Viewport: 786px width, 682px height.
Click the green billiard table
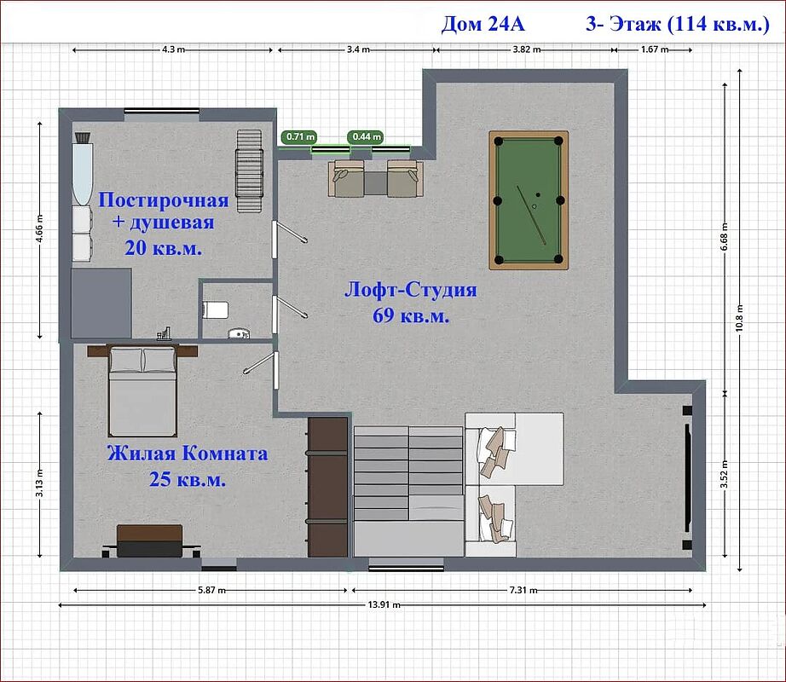(x=529, y=200)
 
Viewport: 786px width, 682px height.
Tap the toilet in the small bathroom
(x=216, y=309)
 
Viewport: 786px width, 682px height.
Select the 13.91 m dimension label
(x=384, y=604)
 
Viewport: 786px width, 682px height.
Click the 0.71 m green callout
(x=298, y=136)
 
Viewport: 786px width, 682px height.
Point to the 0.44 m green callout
(x=366, y=136)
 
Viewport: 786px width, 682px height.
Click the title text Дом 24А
(x=483, y=24)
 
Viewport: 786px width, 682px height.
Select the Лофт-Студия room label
(x=411, y=290)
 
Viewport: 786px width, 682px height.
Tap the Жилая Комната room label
(x=188, y=454)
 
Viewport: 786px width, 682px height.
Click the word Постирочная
(x=164, y=200)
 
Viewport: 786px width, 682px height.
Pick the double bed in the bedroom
(x=142, y=390)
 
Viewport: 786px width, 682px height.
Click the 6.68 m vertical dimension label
(x=725, y=237)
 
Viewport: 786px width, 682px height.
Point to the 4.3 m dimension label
(x=173, y=49)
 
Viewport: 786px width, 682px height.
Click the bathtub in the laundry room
(x=83, y=173)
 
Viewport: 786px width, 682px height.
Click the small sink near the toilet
(x=239, y=333)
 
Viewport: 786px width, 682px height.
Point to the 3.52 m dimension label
(x=725, y=474)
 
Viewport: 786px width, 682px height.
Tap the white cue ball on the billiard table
(x=535, y=206)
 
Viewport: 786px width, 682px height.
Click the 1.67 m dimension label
(x=655, y=49)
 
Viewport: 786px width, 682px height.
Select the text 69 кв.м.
(x=411, y=315)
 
